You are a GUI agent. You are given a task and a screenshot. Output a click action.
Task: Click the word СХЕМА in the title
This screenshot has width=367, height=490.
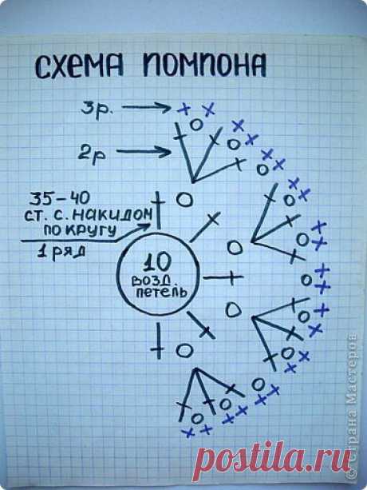coord(79,66)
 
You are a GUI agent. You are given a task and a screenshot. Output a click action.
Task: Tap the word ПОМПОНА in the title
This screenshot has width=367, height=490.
coord(204,65)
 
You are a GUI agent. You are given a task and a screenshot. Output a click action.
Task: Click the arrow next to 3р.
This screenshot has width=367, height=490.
coord(147,108)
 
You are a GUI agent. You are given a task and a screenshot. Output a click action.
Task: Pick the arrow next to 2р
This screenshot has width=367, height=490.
coord(144,152)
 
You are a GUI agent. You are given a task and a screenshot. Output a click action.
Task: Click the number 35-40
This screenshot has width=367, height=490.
coord(60,198)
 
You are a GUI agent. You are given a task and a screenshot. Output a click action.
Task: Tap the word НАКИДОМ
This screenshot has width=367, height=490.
coord(114,214)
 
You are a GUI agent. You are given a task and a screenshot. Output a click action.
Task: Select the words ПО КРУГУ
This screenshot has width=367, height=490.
coord(81,230)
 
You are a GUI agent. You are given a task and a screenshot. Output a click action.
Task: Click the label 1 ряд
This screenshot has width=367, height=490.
coord(61,252)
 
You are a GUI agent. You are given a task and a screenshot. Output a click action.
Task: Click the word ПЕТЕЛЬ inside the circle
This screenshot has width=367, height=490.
coord(161,293)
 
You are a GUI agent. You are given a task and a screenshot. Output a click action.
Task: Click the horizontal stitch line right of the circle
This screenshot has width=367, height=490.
coord(223,277)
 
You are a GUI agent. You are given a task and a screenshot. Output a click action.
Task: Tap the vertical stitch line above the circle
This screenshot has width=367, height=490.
coord(159,210)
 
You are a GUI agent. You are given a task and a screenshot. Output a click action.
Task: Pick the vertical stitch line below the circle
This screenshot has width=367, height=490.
coord(159,341)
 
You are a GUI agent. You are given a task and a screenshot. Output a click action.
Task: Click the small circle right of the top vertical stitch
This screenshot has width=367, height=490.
coord(184,200)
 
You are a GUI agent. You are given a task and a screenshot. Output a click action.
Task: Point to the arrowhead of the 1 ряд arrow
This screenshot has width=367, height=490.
coord(146,226)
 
